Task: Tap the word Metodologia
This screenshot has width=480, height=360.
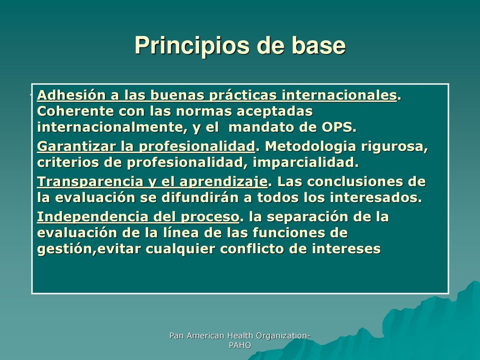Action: pos(310,146)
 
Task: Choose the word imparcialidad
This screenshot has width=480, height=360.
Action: pos(306,162)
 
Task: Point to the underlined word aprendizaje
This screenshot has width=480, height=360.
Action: pos(224,182)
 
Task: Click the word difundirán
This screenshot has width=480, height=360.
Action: pos(200,197)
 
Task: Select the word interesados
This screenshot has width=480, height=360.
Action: pos(376,198)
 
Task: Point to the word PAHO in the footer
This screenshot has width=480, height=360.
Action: pos(240,345)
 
